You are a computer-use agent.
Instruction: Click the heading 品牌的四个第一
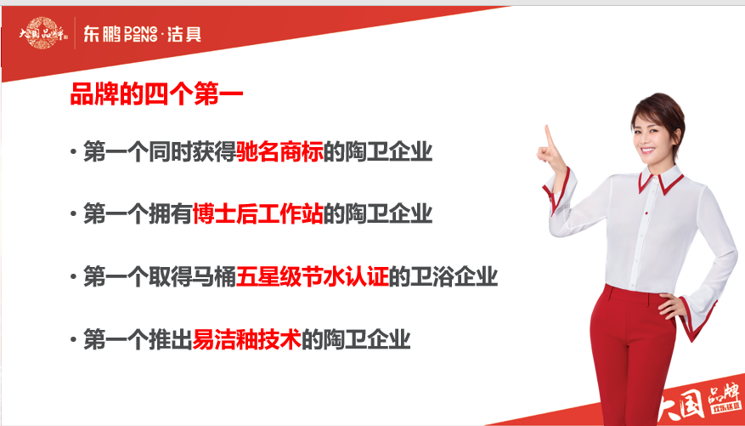click(x=157, y=94)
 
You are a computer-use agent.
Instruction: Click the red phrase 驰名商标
click(x=279, y=152)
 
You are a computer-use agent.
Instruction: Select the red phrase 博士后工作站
click(x=258, y=214)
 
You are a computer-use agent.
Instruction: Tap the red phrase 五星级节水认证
click(x=313, y=277)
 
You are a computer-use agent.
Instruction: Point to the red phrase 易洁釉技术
click(x=247, y=340)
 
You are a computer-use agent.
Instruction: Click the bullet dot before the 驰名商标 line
click(x=73, y=152)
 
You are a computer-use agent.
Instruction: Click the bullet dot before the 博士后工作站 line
click(x=73, y=214)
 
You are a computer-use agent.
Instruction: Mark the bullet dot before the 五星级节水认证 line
click(x=73, y=277)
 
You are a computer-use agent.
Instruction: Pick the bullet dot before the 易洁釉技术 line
click(x=73, y=340)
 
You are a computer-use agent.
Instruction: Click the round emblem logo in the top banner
click(x=42, y=33)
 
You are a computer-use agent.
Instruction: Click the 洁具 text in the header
click(x=183, y=34)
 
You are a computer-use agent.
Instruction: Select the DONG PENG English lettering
click(x=141, y=34)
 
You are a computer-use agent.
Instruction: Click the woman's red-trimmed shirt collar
click(x=660, y=179)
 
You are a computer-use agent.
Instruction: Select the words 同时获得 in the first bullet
click(x=193, y=152)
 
